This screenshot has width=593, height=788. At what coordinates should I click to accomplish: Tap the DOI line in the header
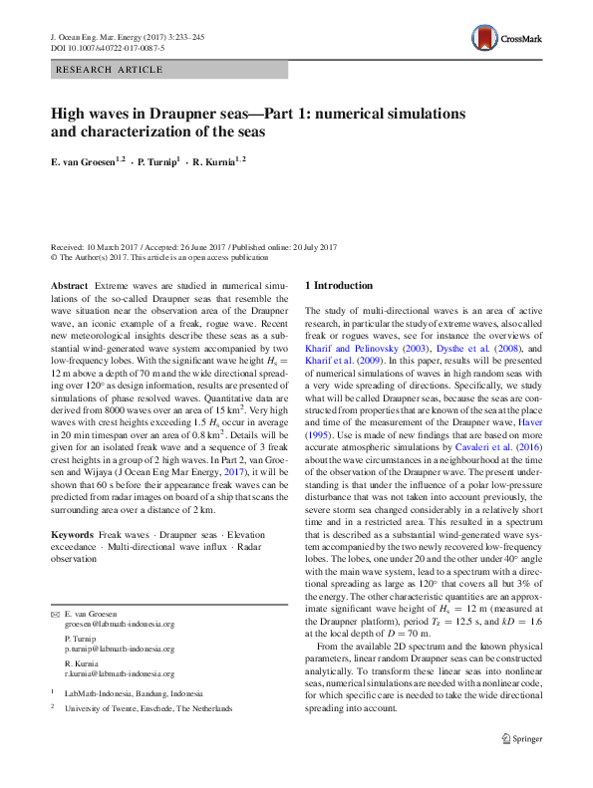[107, 47]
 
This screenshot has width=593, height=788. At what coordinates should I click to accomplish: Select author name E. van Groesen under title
[87, 160]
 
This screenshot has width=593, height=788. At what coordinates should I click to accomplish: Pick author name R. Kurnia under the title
[218, 160]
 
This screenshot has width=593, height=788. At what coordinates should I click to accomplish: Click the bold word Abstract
[68, 285]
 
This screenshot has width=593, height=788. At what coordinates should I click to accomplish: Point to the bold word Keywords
[74, 536]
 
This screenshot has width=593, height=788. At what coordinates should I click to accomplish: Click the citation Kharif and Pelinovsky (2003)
[364, 351]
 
